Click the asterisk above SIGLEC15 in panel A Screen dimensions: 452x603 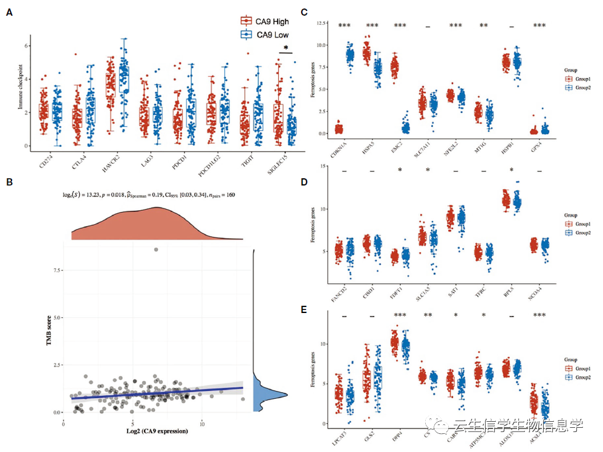point(286,47)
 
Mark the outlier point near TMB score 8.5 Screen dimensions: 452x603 point(156,250)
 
